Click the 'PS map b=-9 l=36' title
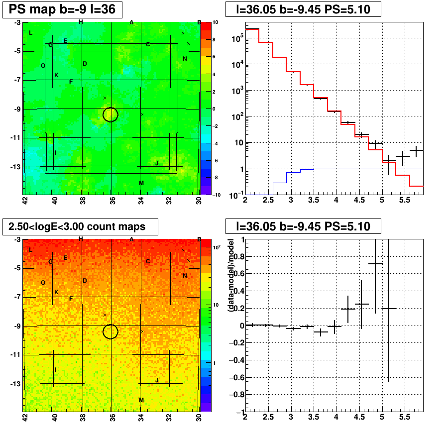click(x=62, y=9)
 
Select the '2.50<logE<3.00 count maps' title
click(x=77, y=226)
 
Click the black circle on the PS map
click(x=111, y=108)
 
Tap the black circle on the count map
click(x=111, y=325)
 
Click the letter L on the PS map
click(x=31, y=33)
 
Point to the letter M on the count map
click(x=141, y=400)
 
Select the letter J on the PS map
click(x=157, y=163)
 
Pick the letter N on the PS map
click(x=185, y=59)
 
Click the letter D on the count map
click(x=85, y=281)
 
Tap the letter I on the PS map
click(x=55, y=153)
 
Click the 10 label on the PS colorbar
click(x=216, y=22)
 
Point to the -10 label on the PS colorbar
click(x=217, y=195)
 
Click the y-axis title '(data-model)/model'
click(x=230, y=275)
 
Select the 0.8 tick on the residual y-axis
click(x=238, y=256)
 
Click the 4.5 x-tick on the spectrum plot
click(x=359, y=200)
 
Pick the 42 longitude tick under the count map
click(x=25, y=418)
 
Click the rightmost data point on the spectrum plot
click(x=417, y=150)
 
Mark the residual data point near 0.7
click(x=375, y=264)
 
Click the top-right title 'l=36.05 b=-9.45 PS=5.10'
click(x=303, y=9)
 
